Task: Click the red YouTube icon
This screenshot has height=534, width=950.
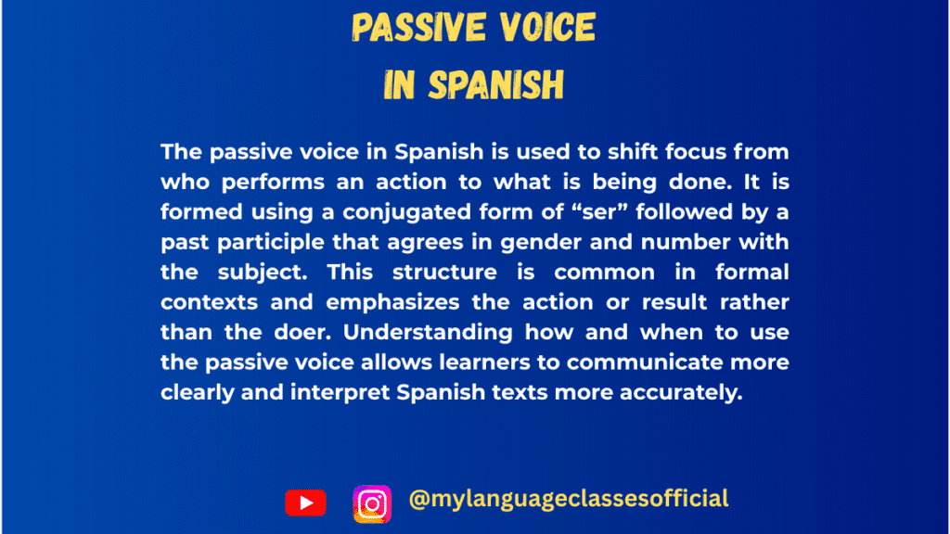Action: [305, 503]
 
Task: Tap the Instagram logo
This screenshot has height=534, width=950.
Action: [372, 503]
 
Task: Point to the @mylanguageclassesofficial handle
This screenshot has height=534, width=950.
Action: [569, 499]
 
